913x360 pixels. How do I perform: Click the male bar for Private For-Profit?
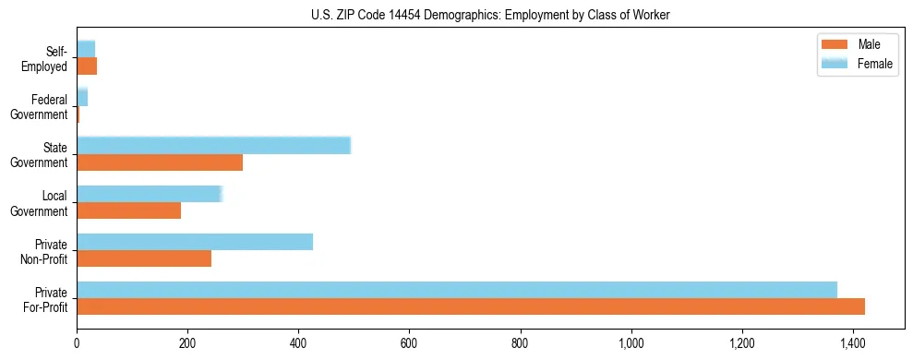(471, 306)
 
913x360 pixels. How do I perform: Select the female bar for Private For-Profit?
(457, 290)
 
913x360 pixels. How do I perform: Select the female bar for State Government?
(213, 146)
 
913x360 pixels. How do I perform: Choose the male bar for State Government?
(160, 162)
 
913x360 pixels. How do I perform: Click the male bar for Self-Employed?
(87, 66)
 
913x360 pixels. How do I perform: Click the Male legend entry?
(855, 45)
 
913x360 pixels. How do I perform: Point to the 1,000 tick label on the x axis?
(631, 344)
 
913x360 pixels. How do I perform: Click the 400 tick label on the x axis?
(298, 344)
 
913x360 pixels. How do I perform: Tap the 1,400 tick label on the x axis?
(853, 344)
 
